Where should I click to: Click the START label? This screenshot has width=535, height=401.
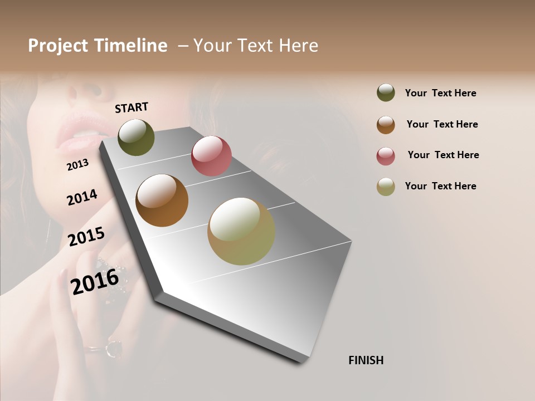[132, 107]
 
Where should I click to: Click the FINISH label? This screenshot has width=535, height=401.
[366, 360]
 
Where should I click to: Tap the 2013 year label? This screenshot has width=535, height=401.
[77, 164]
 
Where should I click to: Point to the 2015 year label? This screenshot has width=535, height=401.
[86, 237]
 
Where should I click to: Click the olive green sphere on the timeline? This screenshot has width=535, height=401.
[136, 137]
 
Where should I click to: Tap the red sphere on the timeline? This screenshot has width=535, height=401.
[211, 156]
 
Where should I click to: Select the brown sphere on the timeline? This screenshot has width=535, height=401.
[162, 200]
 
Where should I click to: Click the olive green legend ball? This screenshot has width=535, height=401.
[386, 92]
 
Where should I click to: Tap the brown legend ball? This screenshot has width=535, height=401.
[386, 125]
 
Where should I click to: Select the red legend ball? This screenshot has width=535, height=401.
[386, 156]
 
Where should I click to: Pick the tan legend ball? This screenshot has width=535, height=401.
[386, 187]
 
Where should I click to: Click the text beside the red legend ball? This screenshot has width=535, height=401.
[443, 155]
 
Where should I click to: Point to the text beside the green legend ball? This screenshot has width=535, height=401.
[440, 93]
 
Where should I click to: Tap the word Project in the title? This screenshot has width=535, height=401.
[58, 46]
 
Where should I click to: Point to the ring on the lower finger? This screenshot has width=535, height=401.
[113, 349]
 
